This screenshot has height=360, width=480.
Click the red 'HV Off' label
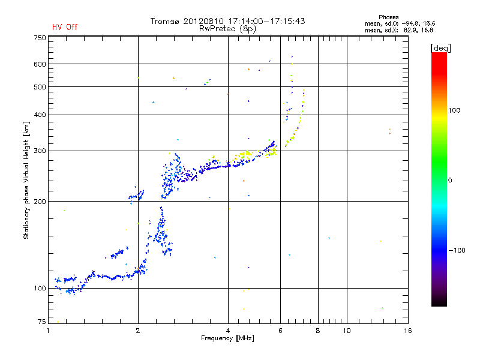point(65,27)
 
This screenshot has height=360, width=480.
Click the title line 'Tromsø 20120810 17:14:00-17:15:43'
point(227,21)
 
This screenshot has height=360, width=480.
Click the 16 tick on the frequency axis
point(407,331)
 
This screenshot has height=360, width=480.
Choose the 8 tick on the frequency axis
point(318,331)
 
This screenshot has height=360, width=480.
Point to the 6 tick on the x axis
point(281,331)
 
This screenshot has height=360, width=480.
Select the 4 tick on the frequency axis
point(228,331)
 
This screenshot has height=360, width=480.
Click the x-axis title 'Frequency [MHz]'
point(227,339)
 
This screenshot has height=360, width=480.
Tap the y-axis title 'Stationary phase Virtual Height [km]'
point(26,180)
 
